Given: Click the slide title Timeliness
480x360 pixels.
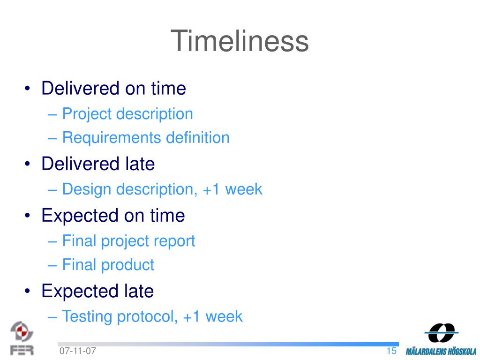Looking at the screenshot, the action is click(x=240, y=41).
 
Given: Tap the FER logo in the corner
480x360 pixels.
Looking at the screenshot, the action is click(x=22, y=338).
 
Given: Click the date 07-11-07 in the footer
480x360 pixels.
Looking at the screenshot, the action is click(x=78, y=351).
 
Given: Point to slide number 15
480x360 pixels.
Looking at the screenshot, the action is click(x=391, y=351).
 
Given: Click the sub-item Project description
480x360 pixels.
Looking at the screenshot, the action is click(x=127, y=114).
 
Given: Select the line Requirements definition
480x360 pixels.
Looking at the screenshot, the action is click(x=146, y=137).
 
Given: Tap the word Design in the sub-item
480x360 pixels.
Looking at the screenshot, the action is click(x=87, y=189).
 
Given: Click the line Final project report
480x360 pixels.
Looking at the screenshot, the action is click(x=128, y=241).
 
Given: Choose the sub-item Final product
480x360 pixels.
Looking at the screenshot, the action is click(x=108, y=265).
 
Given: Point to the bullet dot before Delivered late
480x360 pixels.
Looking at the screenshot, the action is click(x=28, y=164).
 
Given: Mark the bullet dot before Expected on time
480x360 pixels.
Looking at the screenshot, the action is click(x=28, y=216).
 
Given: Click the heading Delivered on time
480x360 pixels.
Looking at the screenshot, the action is click(x=113, y=88).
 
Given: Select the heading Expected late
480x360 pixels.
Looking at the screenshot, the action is click(x=97, y=291).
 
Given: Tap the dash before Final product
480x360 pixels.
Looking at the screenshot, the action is click(x=52, y=265).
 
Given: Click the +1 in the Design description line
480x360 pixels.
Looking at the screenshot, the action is click(x=211, y=189).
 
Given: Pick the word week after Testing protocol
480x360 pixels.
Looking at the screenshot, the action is click(x=224, y=316).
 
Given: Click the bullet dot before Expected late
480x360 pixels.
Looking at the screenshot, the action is click(x=28, y=291).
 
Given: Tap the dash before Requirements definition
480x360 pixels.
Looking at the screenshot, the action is click(x=52, y=138).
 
